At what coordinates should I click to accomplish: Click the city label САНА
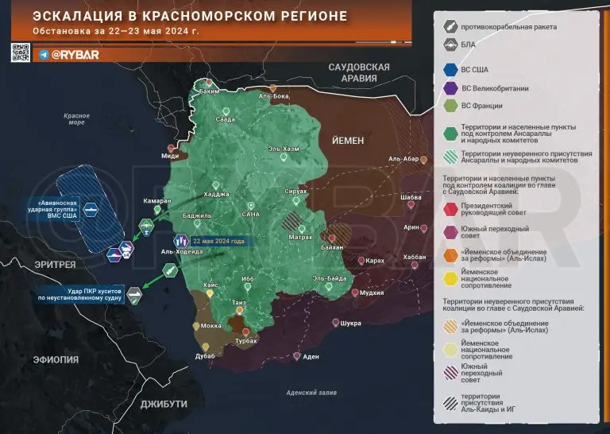click(x=251, y=215)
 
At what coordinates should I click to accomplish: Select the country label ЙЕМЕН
click(x=343, y=140)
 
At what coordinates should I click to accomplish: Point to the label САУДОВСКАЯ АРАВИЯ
click(x=359, y=72)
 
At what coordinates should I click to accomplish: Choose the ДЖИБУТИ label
click(x=164, y=404)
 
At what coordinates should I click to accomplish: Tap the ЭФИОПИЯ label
click(x=55, y=359)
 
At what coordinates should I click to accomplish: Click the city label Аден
click(x=311, y=356)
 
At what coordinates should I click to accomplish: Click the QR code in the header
click(x=20, y=52)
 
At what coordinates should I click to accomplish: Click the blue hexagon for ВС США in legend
click(x=450, y=70)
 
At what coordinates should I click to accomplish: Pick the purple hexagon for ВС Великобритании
click(x=450, y=88)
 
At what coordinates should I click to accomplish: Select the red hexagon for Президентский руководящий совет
click(x=450, y=207)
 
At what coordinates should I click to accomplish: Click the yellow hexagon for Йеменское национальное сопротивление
click(x=450, y=280)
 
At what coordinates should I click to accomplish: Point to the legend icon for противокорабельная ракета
click(x=450, y=26)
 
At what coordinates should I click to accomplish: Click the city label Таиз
click(x=237, y=303)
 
